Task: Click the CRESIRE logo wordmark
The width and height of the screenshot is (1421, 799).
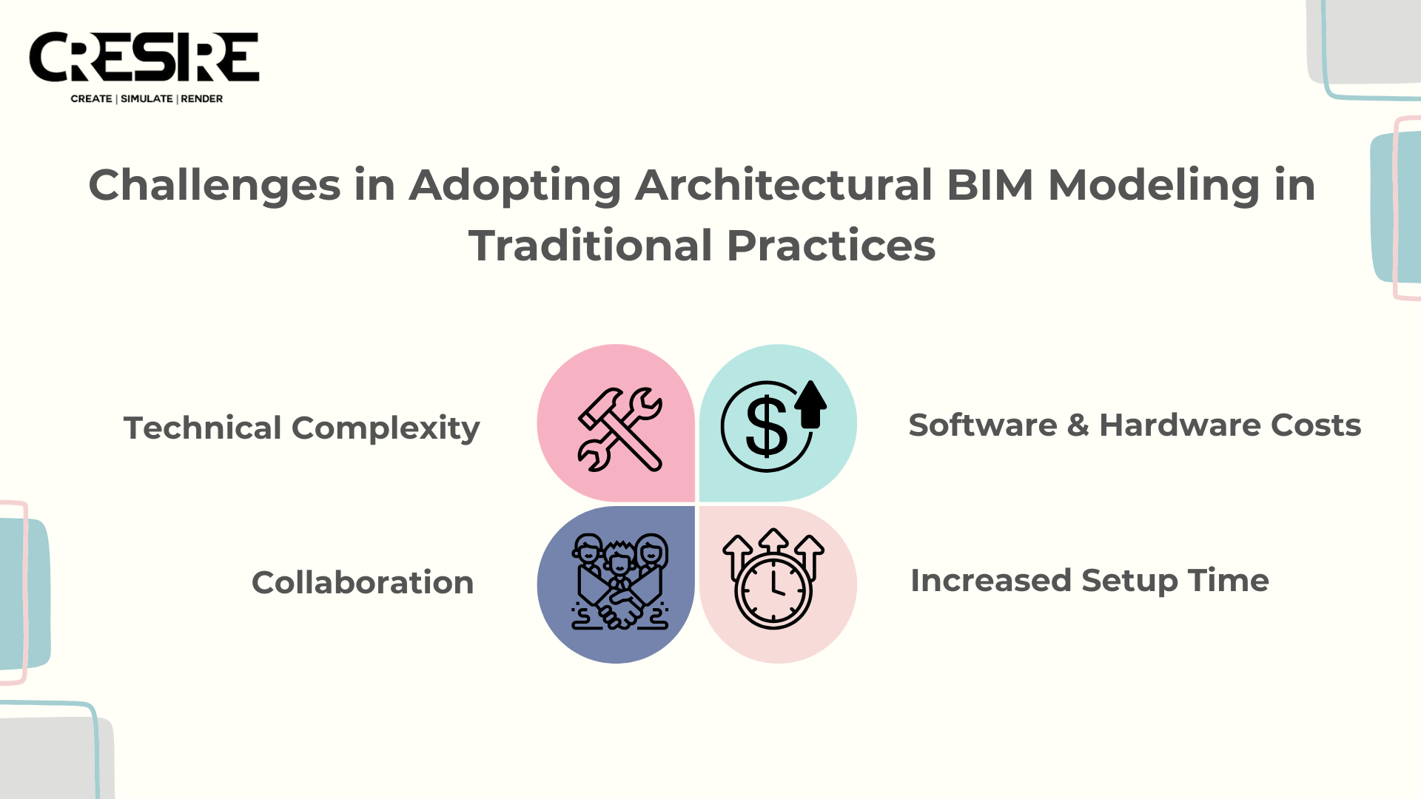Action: point(144,56)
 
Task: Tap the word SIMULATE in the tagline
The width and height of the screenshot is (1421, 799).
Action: point(147,98)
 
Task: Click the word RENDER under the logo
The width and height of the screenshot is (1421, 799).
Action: point(202,98)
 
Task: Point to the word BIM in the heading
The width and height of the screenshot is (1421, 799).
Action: point(990,185)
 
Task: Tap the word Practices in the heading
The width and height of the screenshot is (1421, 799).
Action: point(831,246)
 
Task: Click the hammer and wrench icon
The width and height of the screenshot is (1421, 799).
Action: point(619,429)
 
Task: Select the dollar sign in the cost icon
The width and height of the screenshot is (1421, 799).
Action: point(766,426)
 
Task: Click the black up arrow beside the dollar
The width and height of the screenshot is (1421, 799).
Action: point(811,404)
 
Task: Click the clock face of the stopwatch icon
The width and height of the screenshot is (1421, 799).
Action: point(773,590)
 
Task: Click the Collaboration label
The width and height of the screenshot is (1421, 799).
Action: point(363,582)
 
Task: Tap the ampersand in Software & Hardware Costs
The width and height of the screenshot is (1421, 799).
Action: point(1078,425)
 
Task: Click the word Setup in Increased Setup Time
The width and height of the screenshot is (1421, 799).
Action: point(1129,581)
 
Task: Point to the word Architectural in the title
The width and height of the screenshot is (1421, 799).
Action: point(784,185)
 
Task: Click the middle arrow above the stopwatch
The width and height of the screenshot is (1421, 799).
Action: point(773,541)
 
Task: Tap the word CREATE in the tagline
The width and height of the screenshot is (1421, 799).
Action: point(92,98)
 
